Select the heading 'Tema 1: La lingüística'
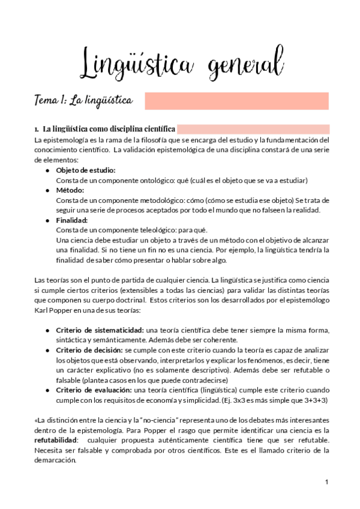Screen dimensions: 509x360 [83, 100]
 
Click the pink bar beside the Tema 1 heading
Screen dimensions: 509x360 [236, 101]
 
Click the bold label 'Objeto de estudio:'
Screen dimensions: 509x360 [86, 170]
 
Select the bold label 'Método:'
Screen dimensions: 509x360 [71, 190]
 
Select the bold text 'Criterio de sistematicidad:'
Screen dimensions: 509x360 [100, 330]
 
